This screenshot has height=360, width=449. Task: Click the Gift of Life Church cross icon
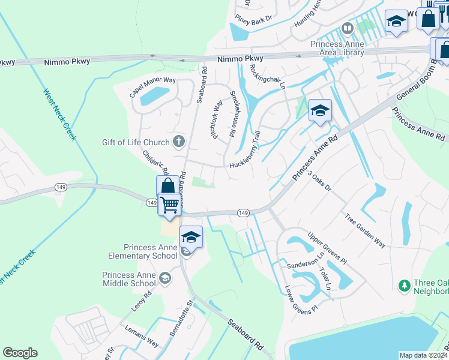point(178,142)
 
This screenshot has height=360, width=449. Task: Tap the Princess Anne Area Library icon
point(347,28)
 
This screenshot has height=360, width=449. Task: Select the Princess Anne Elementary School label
point(151,251)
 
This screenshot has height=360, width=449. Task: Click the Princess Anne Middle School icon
point(164,278)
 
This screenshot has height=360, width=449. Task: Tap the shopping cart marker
point(169,205)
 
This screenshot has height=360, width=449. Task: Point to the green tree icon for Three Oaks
point(405,283)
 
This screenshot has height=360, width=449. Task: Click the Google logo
point(20,353)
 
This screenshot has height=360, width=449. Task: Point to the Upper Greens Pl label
point(327,248)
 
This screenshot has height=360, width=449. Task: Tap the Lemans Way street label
point(142,337)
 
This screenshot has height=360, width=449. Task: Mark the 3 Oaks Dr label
point(319,181)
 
